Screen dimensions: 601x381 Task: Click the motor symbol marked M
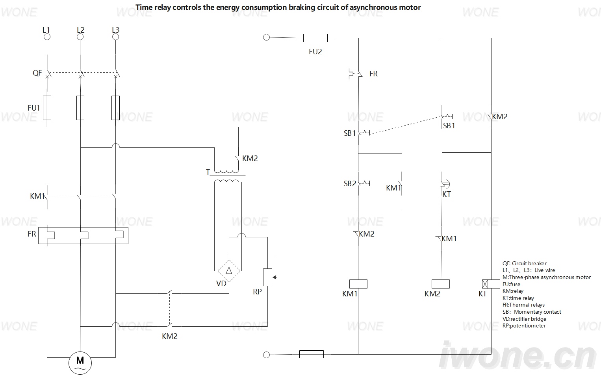point(80,363)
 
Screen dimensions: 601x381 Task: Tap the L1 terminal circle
point(47,37)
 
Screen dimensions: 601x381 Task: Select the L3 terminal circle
point(116,37)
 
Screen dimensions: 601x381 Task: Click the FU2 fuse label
point(315,52)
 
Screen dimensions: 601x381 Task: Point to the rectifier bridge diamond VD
point(229,271)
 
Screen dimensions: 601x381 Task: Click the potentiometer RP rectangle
point(267,277)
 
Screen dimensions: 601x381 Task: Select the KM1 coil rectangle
point(358,284)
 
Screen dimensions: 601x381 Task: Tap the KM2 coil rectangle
point(441,284)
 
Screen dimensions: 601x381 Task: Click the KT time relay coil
point(491,284)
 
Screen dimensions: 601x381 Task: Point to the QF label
point(37,73)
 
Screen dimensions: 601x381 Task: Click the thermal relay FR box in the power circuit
point(83,235)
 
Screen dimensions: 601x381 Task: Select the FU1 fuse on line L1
point(47,108)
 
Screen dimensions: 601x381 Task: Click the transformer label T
point(208,172)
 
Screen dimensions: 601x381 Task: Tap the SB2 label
point(350,184)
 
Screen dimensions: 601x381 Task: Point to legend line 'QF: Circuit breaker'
point(524,263)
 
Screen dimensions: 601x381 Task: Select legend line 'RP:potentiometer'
point(524,326)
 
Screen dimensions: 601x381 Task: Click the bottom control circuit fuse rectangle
point(311,354)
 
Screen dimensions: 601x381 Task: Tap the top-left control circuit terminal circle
point(266,37)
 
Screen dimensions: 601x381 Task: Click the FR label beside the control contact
point(373,74)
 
